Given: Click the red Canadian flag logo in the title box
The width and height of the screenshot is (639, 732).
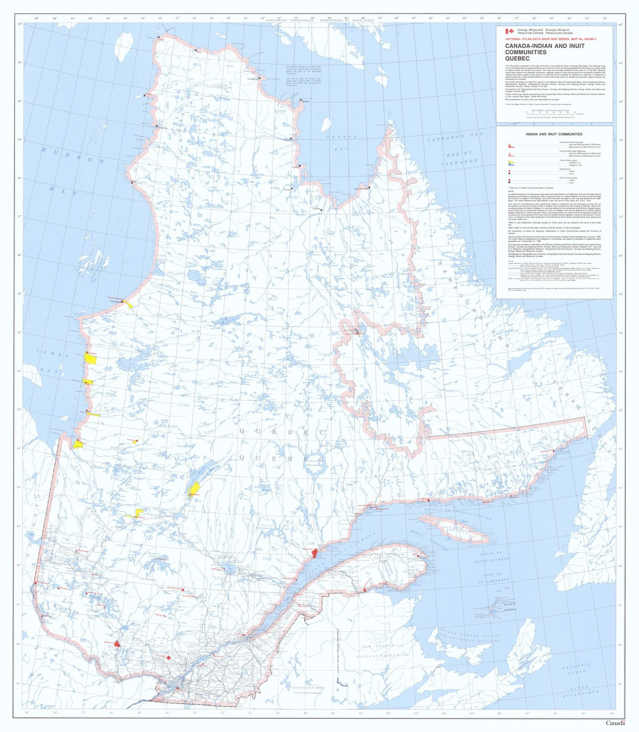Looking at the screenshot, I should point(509,32).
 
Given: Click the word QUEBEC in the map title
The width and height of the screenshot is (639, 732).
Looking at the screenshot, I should point(517,58).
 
